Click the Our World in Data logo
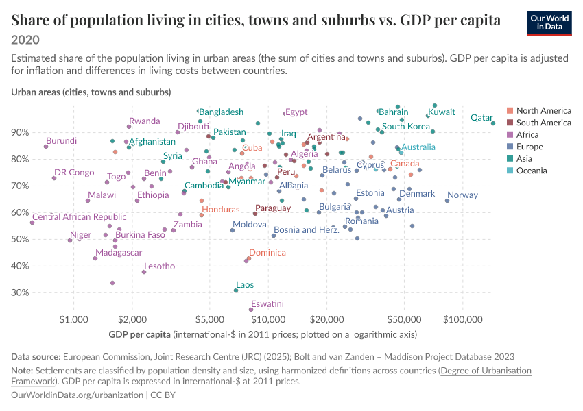point(549,23)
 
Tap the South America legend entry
point(538,123)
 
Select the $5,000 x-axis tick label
point(210,320)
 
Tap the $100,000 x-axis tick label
point(463,320)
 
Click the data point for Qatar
point(493,123)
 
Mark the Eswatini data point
point(250,310)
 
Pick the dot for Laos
point(236,290)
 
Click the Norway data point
point(447,201)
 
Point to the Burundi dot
point(46,147)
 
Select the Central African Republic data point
point(32,223)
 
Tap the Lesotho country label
point(160,266)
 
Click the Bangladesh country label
point(222,112)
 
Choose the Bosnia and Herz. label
point(307,230)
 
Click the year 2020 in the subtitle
point(25,40)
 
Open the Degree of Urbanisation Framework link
point(271,376)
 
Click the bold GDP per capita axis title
point(139,334)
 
